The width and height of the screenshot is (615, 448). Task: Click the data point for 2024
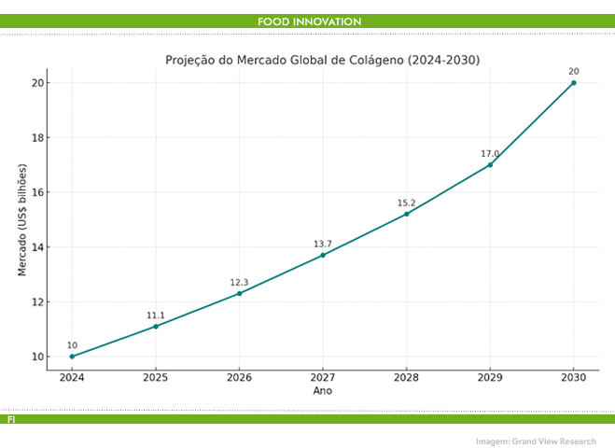click(72, 357)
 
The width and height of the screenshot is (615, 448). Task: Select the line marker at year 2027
click(323, 255)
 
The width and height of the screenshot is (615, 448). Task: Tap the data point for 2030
click(573, 82)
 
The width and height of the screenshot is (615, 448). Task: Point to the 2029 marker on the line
click(490, 165)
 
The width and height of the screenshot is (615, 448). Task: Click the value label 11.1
click(155, 315)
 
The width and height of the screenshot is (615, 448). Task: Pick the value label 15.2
click(406, 203)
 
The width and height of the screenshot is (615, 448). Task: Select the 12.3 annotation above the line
click(239, 282)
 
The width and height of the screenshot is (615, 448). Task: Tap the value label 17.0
click(490, 154)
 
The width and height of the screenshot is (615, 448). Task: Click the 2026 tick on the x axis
click(239, 378)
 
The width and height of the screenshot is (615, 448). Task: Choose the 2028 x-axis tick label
click(406, 378)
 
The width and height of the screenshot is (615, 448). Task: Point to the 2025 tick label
click(155, 378)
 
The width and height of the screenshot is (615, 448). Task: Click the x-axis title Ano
click(322, 391)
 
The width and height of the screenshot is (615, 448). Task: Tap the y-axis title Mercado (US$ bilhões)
click(21, 219)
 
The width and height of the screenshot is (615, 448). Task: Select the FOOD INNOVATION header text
click(309, 21)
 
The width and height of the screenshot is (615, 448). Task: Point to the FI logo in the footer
click(11, 420)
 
